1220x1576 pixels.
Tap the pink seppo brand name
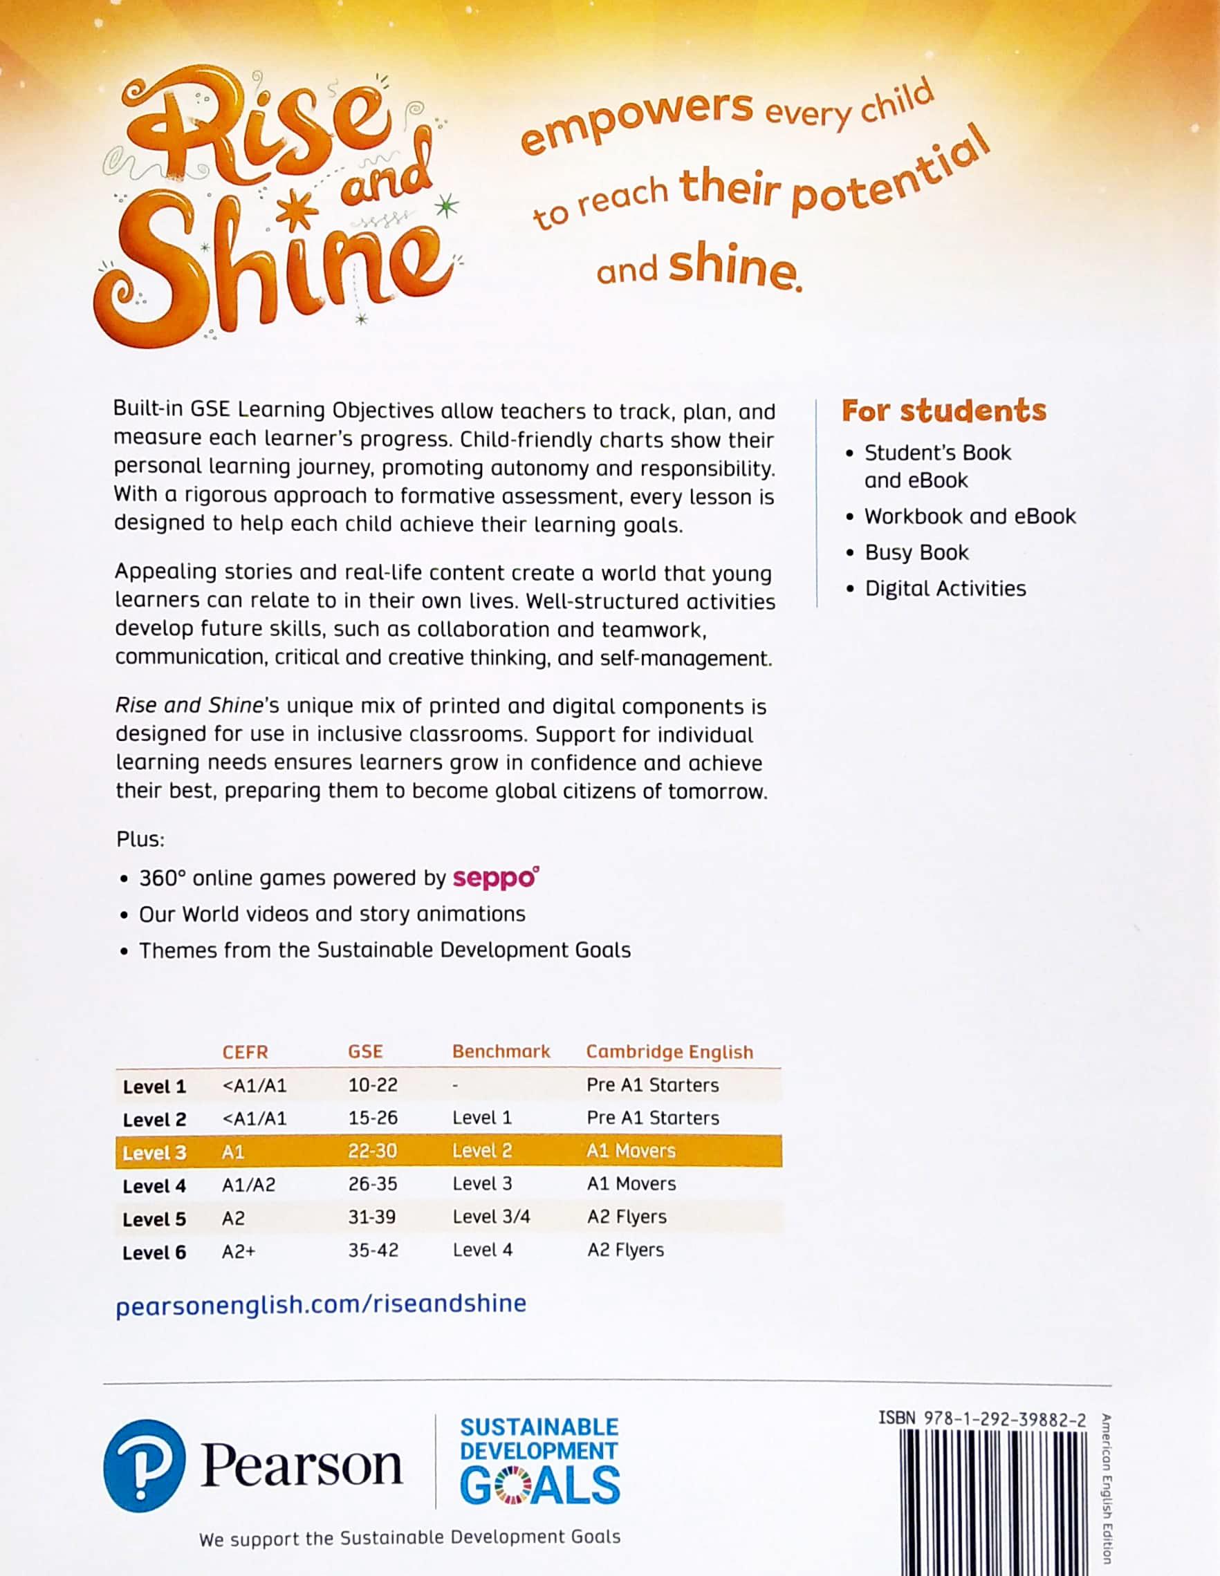[x=495, y=878]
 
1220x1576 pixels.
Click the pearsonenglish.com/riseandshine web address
[x=320, y=1303]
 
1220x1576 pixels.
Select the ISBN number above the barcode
[x=982, y=1418]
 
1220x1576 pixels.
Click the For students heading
[x=943, y=411]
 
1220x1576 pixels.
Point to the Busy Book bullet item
[x=916, y=552]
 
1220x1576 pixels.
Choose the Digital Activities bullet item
[x=945, y=588]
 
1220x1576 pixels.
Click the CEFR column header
[x=245, y=1051]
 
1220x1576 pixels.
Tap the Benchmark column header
[x=501, y=1051]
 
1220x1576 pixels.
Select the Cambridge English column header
[x=669, y=1051]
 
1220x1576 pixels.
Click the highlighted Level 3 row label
[x=154, y=1152]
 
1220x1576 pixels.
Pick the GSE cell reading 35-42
[x=373, y=1250]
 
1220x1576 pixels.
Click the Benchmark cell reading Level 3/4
[x=491, y=1217]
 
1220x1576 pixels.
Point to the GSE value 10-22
[x=373, y=1085]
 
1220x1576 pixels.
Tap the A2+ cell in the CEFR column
[x=238, y=1250]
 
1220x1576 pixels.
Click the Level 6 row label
[x=154, y=1252]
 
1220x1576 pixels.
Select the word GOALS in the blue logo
[x=540, y=1485]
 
